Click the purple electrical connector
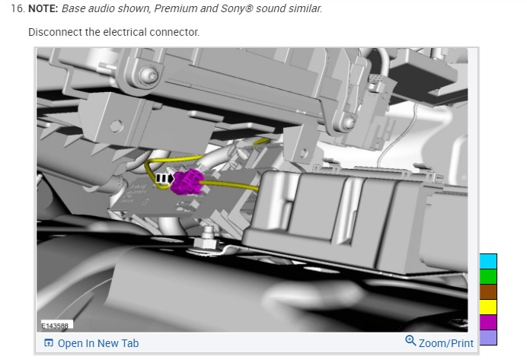pyautogui.click(x=187, y=182)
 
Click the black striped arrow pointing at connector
pyautogui.click(x=164, y=179)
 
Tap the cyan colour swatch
pyautogui.click(x=488, y=261)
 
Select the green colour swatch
pyautogui.click(x=488, y=277)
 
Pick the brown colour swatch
pyautogui.click(x=488, y=292)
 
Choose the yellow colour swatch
pyautogui.click(x=488, y=307)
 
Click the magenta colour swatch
pyautogui.click(x=488, y=323)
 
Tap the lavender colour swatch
pyautogui.click(x=488, y=337)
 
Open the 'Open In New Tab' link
pyautogui.click(x=98, y=343)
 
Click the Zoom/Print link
pyautogui.click(x=446, y=343)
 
